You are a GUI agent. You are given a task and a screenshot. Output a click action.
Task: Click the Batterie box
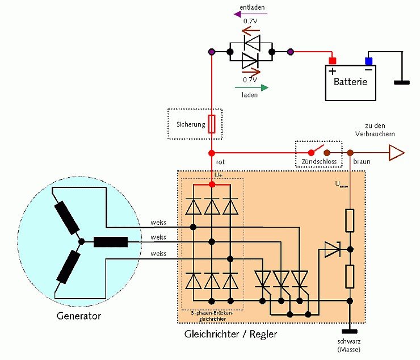coord(350,82)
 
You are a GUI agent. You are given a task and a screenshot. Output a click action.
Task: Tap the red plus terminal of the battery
coord(333,61)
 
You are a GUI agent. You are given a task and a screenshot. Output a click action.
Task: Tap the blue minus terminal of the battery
coord(368,61)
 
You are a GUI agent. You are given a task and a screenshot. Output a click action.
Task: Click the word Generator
coord(79,315)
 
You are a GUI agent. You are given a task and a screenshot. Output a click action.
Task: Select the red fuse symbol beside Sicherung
coord(212,124)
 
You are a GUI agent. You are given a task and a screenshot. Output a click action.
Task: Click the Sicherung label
coord(191,124)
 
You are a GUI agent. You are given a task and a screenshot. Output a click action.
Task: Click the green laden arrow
coord(249,87)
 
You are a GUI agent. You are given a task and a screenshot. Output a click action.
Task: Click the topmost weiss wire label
coord(158,222)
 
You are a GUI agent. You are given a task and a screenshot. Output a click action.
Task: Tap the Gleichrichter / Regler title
coord(231,334)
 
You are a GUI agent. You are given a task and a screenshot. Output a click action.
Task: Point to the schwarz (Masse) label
coord(349,345)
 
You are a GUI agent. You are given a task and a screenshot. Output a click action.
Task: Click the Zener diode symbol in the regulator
coord(331,249)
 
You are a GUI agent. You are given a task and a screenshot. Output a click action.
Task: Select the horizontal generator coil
coord(110,242)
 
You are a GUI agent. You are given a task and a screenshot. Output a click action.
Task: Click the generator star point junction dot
coord(81,241)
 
